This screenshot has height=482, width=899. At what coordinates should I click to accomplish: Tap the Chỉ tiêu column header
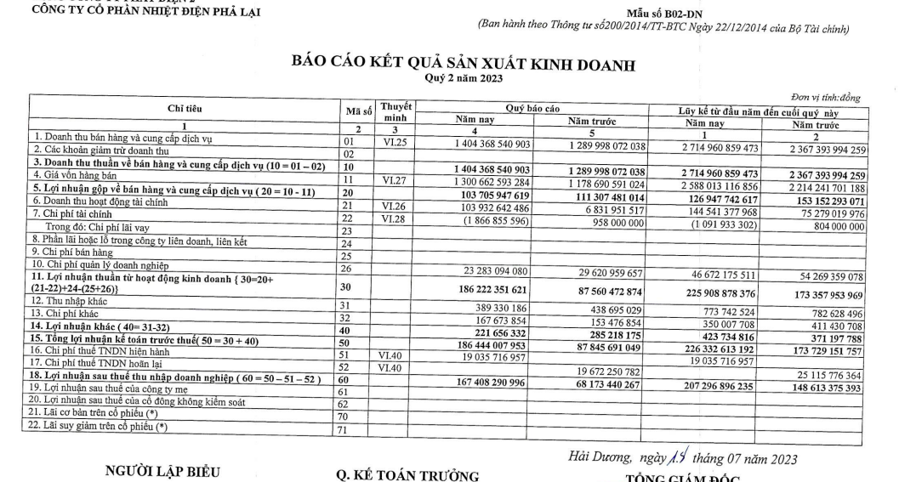point(181,109)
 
